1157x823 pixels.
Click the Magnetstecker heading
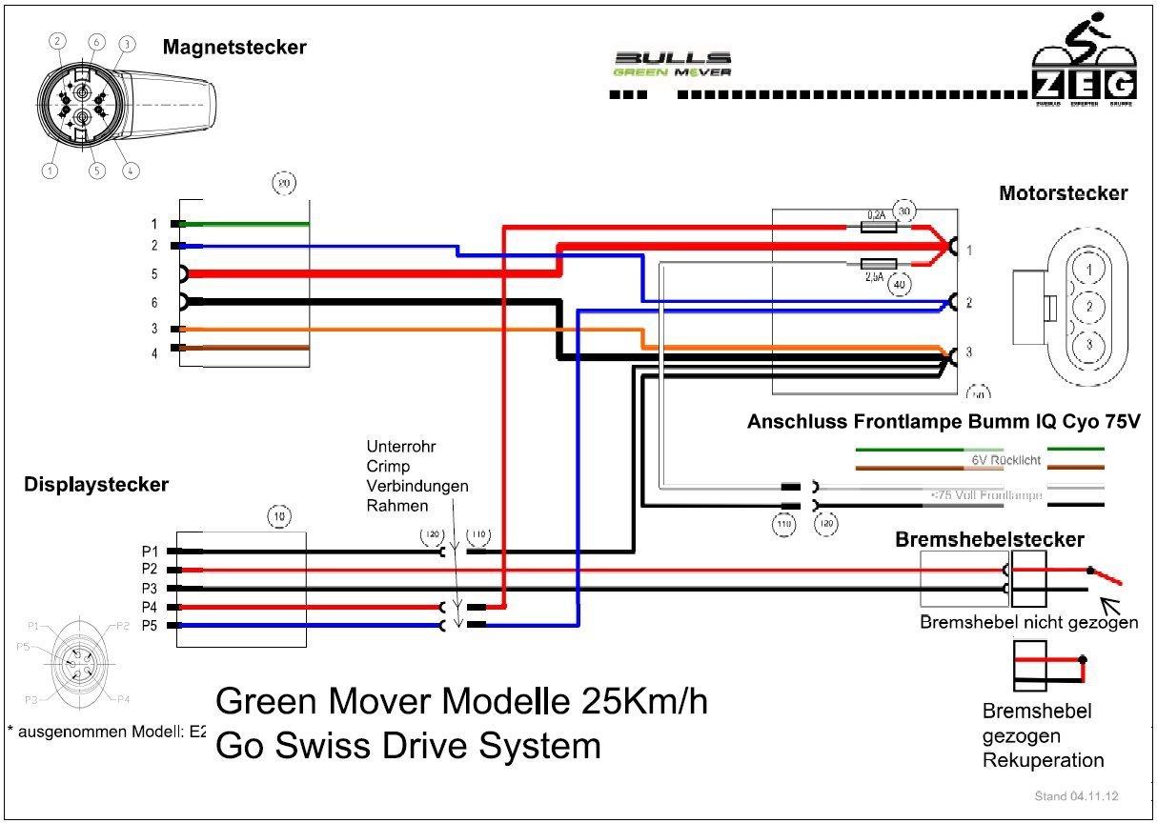click(234, 47)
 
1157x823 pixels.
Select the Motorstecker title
click(1063, 193)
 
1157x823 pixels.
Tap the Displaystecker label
click(95, 485)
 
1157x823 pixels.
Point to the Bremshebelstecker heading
click(989, 539)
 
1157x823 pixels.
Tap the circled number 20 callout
click(282, 182)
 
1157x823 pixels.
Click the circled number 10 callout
click(277, 516)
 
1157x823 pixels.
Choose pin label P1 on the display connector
click(149, 552)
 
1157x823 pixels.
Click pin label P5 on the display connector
click(149, 626)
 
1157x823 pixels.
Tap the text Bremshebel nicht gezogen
click(1028, 623)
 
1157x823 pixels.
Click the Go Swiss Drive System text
click(409, 745)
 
